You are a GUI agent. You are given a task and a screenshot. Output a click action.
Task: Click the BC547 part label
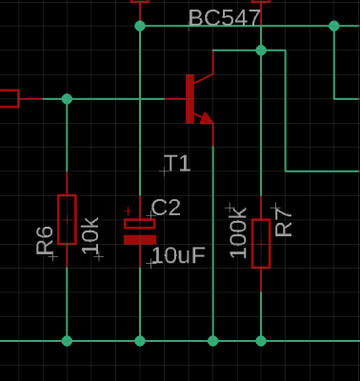click(x=225, y=18)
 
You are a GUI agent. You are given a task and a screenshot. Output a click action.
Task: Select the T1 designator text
click(x=178, y=163)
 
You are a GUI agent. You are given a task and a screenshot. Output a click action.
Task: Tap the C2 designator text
click(x=166, y=208)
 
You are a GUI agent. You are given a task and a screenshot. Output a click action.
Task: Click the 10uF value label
click(x=179, y=255)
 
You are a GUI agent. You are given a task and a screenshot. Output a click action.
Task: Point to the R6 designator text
click(x=45, y=240)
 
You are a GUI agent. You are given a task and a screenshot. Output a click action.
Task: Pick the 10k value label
click(x=90, y=235)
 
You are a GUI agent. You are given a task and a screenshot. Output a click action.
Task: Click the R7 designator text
click(x=284, y=221)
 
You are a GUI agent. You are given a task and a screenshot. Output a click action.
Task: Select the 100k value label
click(x=238, y=232)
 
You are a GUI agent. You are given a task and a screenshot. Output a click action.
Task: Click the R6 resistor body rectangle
click(x=67, y=219)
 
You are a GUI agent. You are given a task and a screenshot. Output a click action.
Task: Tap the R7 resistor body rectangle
click(x=261, y=244)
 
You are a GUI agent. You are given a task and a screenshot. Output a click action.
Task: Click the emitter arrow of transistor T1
click(x=206, y=118)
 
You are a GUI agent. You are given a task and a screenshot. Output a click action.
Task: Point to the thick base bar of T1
click(x=190, y=99)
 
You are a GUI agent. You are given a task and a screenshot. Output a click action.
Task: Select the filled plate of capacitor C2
click(x=140, y=240)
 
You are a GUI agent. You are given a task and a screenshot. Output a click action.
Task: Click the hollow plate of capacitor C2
click(x=140, y=224)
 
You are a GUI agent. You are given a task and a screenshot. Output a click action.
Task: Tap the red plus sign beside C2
click(x=128, y=211)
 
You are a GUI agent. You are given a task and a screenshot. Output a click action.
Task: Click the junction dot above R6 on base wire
click(x=67, y=99)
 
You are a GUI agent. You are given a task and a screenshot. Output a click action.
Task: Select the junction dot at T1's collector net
click(x=261, y=50)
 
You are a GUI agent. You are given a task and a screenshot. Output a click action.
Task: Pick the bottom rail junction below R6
click(x=67, y=341)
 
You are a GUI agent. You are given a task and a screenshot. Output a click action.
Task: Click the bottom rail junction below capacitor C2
click(x=140, y=341)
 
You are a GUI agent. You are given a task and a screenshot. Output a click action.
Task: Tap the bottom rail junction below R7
click(x=261, y=341)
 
